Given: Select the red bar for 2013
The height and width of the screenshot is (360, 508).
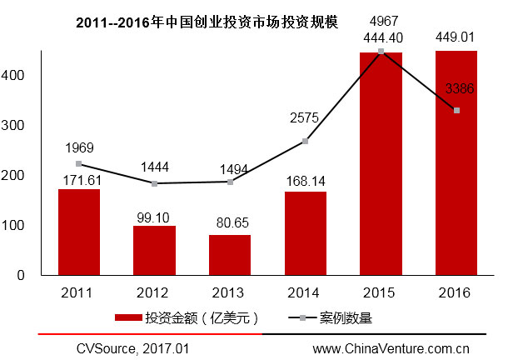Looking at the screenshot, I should (230, 255).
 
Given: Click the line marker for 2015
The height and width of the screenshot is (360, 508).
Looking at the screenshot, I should (381, 51).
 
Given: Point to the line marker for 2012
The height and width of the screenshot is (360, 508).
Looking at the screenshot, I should (154, 183).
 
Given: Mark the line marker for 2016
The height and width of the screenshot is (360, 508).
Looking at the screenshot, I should (456, 110).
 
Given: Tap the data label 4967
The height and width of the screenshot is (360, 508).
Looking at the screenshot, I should (381, 20).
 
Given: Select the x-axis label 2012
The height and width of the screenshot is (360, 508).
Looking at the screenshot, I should (154, 292).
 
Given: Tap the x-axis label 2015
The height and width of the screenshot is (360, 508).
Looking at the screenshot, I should (381, 292).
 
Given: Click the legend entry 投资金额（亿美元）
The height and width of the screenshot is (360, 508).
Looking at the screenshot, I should (192, 317).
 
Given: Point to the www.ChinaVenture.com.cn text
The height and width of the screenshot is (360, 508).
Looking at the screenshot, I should (391, 347).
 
